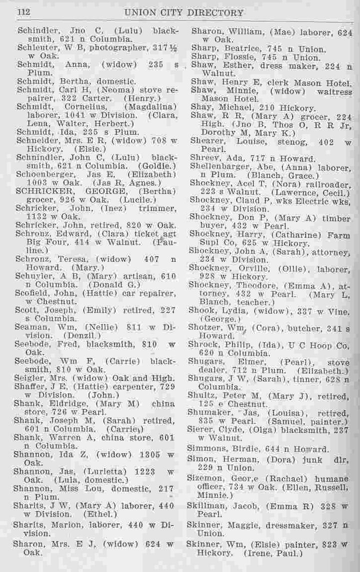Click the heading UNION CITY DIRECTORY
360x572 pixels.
click(x=183, y=12)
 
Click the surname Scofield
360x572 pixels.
click(x=34, y=294)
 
